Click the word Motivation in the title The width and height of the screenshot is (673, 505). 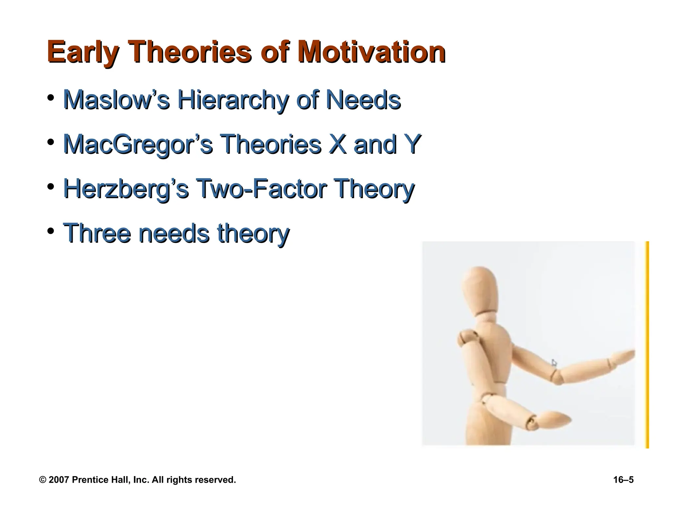click(371, 53)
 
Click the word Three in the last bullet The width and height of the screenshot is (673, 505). click(97, 233)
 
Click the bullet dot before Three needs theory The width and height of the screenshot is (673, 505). click(50, 231)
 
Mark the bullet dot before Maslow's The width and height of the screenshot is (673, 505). click(50, 98)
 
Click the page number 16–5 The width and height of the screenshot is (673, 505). click(623, 480)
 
